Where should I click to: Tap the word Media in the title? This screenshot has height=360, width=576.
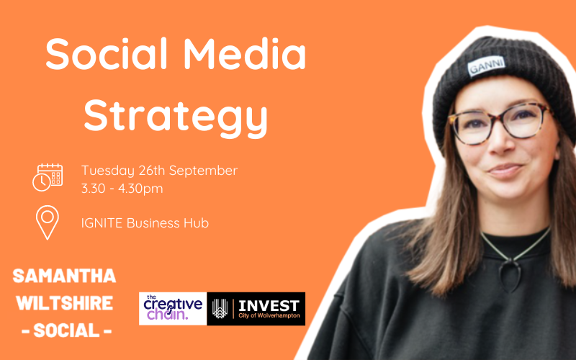(x=240, y=55)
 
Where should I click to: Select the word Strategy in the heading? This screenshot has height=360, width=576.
(x=175, y=115)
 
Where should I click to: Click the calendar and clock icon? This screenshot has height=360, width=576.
(x=48, y=177)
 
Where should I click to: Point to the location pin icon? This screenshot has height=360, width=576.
(x=48, y=222)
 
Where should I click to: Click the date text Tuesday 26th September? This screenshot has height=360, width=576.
(x=159, y=171)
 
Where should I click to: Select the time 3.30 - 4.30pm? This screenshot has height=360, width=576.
(x=122, y=189)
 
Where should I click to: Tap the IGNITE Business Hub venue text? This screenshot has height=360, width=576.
(x=145, y=222)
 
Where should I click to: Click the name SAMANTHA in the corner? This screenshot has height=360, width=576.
(x=64, y=276)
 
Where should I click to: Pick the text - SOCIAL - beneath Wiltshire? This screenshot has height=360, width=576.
(x=64, y=330)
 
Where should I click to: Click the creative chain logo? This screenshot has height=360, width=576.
(x=172, y=308)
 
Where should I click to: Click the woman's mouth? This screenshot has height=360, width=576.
(x=505, y=171)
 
